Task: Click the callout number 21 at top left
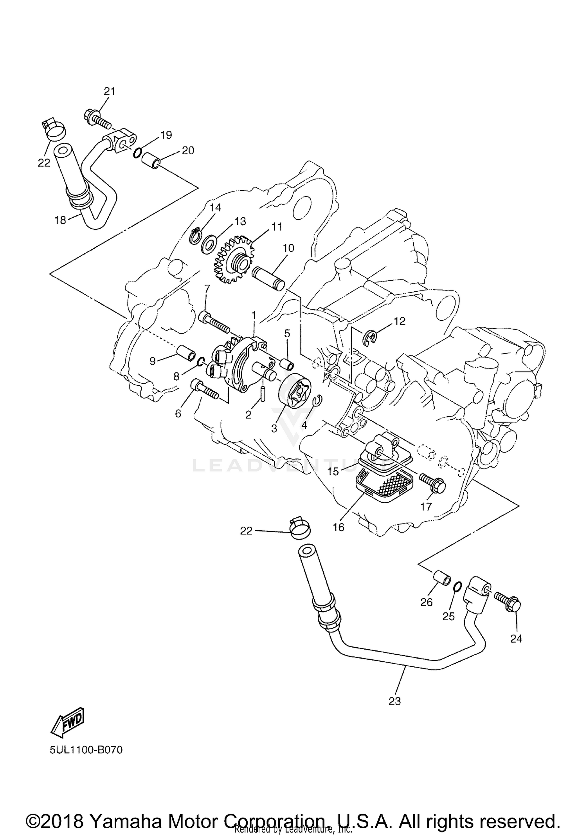click(110, 91)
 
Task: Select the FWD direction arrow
click(68, 720)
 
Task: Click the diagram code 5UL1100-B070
click(86, 750)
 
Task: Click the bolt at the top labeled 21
click(96, 119)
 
